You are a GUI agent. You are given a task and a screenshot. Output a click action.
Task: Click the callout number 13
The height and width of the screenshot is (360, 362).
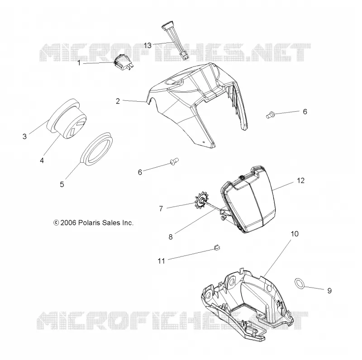148,46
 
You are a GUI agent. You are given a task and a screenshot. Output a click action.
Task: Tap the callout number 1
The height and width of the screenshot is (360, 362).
79,63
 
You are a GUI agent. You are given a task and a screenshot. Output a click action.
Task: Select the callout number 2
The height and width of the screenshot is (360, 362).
118,101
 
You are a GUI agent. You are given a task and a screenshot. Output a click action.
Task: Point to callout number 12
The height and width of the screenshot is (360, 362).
300,180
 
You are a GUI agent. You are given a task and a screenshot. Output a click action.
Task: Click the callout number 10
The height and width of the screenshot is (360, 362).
295,234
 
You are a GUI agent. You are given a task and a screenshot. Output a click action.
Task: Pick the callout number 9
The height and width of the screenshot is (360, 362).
329,290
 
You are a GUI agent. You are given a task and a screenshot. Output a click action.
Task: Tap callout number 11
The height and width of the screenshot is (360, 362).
161,261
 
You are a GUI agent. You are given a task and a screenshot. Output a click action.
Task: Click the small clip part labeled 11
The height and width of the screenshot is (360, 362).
216,248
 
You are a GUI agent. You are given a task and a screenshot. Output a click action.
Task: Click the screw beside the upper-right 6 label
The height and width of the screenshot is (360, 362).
270,114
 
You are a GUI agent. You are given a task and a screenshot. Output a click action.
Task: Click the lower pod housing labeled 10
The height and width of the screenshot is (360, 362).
245,305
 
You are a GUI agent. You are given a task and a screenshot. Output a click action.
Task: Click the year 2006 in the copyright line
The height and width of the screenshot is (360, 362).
68,223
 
